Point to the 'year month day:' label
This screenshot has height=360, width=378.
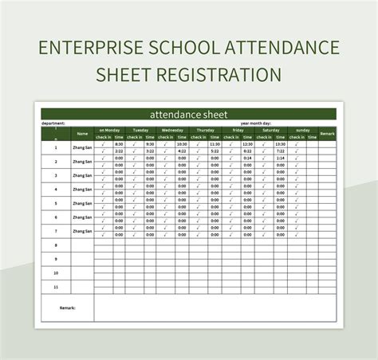[x=257, y=123]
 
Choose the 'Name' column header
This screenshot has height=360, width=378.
[x=82, y=134]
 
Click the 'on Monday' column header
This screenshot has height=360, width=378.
[x=109, y=130]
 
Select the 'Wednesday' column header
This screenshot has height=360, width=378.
[x=173, y=130]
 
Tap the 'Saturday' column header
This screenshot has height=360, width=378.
[x=271, y=130]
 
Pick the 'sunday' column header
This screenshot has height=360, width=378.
[x=303, y=130]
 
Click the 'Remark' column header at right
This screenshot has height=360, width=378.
[x=327, y=133]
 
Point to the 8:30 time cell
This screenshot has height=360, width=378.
[x=118, y=144]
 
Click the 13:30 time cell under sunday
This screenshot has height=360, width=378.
[x=311, y=144]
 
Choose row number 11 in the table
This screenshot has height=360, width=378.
[x=55, y=286]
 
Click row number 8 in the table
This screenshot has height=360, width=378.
[x=55, y=245]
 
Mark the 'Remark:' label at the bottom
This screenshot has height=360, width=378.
[x=67, y=307]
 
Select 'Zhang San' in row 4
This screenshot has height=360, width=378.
[x=82, y=188]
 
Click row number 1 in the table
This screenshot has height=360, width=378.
[x=55, y=147]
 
